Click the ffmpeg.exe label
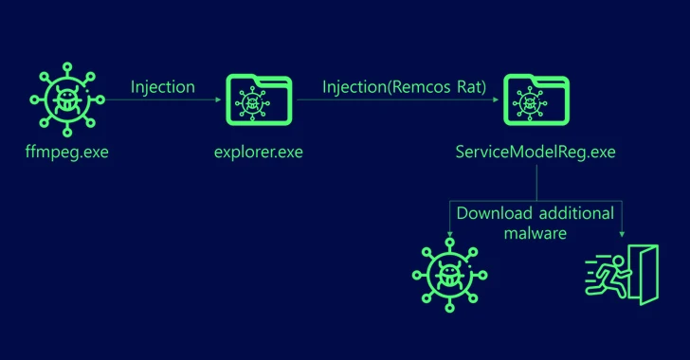coord(67,153)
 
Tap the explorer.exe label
coord(259,153)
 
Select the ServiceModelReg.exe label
coord(536,153)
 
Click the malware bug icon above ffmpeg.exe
coord(67,99)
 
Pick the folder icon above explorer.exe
coord(259,99)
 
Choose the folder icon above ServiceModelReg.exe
coord(536,99)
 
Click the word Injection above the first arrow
coord(163,87)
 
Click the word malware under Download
coord(536,233)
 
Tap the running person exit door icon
coord(622,275)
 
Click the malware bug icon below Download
coord(449,275)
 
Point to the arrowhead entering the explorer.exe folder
coord(218,99)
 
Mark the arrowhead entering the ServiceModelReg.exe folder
coord(496,99)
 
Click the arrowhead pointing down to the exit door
coord(622,235)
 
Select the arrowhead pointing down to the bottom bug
coord(449,235)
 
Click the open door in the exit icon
coord(644,275)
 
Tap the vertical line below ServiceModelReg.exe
coord(536,183)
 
